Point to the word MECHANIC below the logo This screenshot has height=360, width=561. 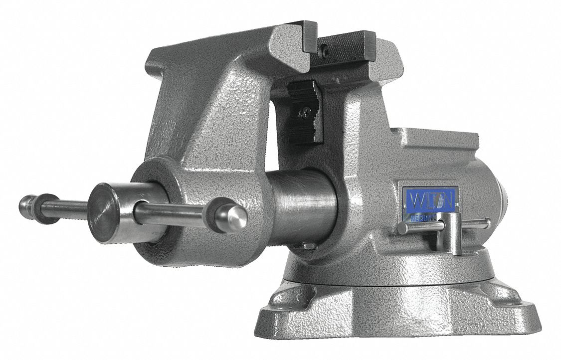(x=424, y=218)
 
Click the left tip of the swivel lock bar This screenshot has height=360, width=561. (x=402, y=228)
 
